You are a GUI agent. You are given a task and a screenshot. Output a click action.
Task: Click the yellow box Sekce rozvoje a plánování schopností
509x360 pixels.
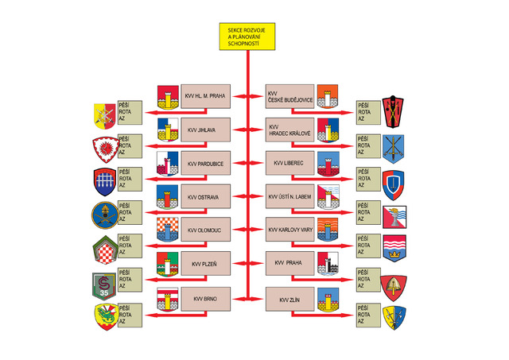[247, 37]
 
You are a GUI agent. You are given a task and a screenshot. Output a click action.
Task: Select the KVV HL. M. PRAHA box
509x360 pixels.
[205, 96]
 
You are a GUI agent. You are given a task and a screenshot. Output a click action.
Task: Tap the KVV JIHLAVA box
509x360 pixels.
[205, 130]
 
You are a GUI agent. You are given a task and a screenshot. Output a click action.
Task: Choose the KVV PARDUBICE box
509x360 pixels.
[205, 163]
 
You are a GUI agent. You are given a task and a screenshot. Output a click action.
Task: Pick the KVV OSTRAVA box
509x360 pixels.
[205, 196]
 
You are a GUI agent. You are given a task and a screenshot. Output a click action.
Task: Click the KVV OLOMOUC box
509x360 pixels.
[205, 230]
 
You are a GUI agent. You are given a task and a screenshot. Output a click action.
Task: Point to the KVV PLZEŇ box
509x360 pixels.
[205, 263]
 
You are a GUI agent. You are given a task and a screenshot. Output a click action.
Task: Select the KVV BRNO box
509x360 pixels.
[205, 299]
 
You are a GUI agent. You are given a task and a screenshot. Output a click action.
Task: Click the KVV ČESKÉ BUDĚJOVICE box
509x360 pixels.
[289, 96]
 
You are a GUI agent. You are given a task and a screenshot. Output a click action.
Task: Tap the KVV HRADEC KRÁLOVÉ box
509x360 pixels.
[289, 130]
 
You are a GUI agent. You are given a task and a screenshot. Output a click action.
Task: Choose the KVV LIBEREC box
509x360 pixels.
[289, 163]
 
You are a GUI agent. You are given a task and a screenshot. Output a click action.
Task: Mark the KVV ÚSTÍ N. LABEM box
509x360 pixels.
[289, 196]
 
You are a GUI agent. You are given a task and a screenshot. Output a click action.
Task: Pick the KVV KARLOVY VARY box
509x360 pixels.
[289, 230]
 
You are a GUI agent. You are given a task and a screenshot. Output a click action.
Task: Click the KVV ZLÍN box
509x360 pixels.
[289, 299]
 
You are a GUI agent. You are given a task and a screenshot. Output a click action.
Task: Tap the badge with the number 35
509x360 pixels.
[104, 286]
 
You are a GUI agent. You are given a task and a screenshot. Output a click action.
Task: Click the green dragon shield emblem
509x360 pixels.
[106, 317]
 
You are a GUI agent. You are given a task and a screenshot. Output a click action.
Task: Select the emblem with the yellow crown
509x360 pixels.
[394, 248]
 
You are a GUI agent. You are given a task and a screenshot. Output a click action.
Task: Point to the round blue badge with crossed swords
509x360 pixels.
[105, 215]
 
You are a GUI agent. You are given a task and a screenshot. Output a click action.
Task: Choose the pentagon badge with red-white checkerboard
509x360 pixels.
[105, 250]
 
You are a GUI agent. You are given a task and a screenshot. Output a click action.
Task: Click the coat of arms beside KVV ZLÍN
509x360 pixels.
[328, 300]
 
